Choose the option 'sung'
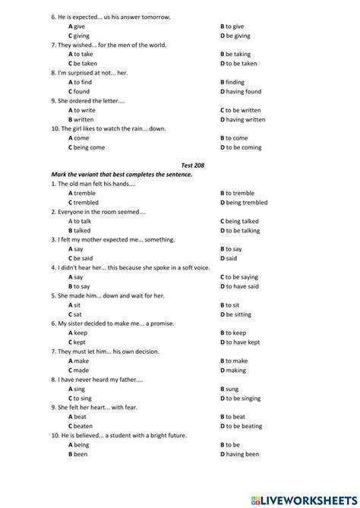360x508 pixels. click(x=231, y=389)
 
